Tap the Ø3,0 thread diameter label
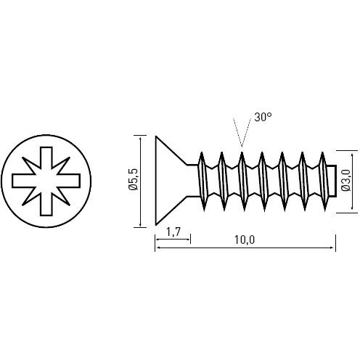345,181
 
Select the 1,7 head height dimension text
173,233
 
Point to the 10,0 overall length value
245,240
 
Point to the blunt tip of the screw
330,181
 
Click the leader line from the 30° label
247,131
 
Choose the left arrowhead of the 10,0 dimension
158,247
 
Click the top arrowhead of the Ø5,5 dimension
138,138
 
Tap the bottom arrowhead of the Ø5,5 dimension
138,224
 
